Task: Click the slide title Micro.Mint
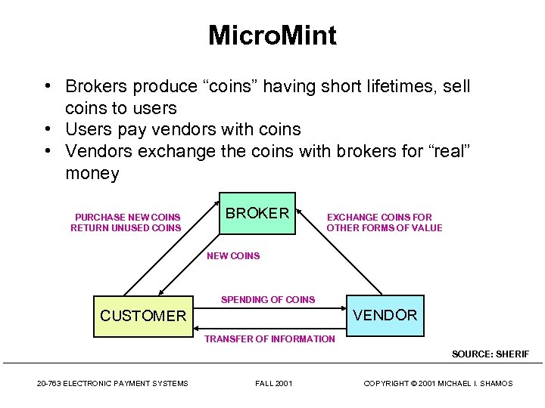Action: point(272,36)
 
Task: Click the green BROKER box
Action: point(257,213)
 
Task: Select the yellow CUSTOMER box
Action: point(143,315)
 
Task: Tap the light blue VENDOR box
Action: point(385,315)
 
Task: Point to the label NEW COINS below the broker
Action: point(233,256)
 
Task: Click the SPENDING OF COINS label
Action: point(268,300)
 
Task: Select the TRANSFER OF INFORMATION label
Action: point(269,339)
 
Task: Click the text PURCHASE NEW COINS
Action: point(128,218)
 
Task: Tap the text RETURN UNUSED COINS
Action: point(126,228)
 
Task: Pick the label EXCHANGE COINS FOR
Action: point(379,218)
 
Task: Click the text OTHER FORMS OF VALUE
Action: point(385,228)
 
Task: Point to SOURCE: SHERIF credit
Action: point(490,354)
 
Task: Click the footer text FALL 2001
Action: point(273,384)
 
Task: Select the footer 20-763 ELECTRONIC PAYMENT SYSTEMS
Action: point(113,384)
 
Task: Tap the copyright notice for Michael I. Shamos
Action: point(438,384)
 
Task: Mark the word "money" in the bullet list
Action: point(92,174)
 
